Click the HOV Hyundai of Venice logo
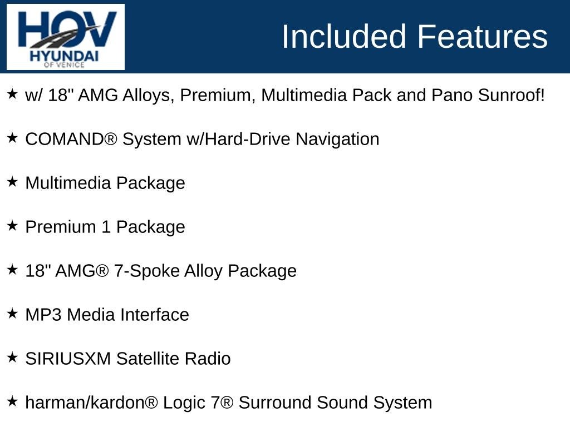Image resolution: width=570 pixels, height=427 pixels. (66, 37)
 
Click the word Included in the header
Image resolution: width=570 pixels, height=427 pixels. (343, 36)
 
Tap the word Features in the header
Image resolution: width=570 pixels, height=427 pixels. (482, 36)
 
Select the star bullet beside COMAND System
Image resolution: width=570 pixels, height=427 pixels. (12, 138)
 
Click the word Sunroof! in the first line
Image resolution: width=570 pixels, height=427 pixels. (511, 95)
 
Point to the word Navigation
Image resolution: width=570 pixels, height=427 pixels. (337, 140)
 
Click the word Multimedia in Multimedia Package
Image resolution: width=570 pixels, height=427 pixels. (68, 182)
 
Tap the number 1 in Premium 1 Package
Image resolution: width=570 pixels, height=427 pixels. (106, 227)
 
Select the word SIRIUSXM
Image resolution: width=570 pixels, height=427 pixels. (68, 359)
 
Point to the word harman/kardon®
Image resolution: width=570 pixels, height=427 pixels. (92, 403)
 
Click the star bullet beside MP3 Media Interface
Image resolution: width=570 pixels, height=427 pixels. (12, 314)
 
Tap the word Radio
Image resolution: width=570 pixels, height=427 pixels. (208, 359)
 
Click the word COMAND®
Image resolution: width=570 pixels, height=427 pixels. (71, 140)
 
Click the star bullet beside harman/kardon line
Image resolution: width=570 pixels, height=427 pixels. (12, 401)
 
